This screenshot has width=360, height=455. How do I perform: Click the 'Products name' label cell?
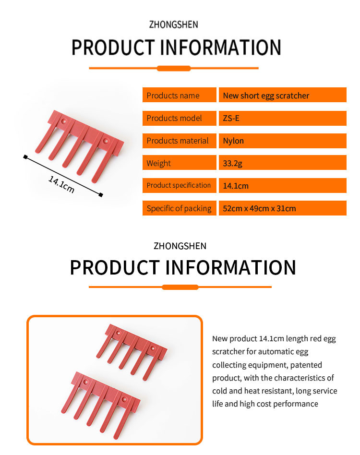179,95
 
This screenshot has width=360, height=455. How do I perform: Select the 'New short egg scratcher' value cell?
283,95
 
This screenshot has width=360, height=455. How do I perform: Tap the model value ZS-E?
231,119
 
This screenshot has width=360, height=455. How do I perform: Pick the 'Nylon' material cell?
283,141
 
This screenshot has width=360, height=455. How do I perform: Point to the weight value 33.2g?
232,163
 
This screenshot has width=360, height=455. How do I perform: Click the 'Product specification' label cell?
179,185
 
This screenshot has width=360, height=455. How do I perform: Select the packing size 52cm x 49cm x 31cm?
259,208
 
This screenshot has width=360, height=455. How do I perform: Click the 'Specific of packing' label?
179,208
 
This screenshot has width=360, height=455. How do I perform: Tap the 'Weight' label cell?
179,163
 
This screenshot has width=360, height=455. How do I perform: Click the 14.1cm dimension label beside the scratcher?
61,184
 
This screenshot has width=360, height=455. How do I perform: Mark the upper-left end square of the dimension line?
25,157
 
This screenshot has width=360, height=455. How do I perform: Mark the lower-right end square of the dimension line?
101,195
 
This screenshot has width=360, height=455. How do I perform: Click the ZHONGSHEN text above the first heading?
173,24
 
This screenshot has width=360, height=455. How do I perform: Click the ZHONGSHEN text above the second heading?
180,246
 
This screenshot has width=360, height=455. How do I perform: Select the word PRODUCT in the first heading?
113,48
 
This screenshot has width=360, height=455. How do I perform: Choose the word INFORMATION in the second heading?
230,267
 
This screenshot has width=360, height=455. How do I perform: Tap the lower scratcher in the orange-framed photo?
101,404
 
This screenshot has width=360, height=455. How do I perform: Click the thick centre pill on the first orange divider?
174,69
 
